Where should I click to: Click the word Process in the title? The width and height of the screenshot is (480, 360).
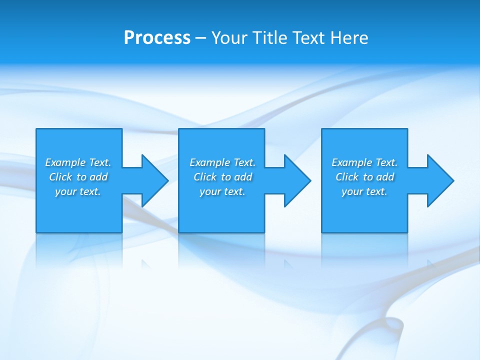157,38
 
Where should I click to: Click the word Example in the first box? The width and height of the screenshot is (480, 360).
65,162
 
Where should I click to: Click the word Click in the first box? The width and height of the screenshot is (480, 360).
60,177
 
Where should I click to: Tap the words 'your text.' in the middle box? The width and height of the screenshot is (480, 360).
222,191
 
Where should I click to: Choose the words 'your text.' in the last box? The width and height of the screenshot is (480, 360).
364,191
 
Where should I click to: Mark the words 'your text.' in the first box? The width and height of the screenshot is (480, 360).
78,191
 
